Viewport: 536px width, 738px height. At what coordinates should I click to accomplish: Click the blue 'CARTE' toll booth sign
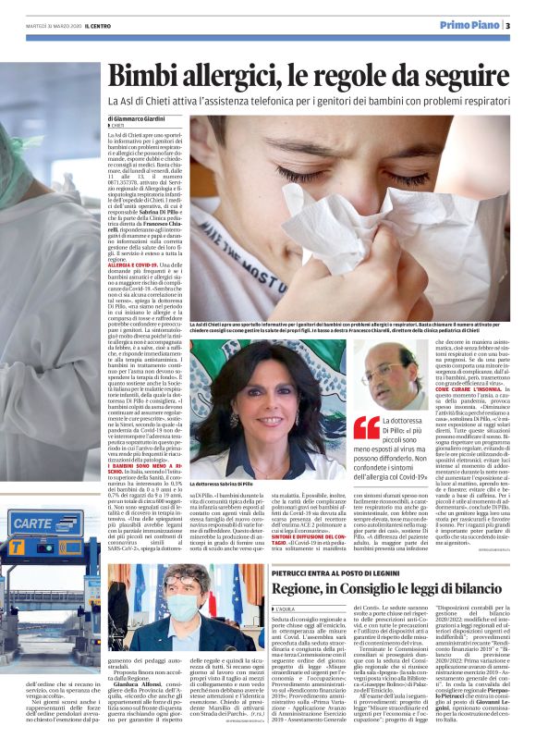tap(35, 523)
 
